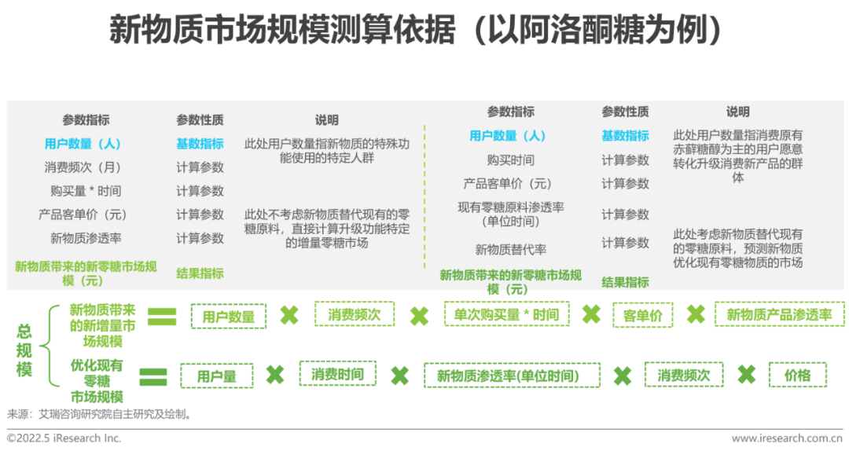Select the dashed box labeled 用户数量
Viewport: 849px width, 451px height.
click(x=229, y=317)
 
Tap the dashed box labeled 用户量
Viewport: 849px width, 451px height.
click(x=216, y=376)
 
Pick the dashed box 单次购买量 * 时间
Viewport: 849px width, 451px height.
click(x=506, y=315)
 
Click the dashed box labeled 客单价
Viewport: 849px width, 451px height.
click(x=642, y=316)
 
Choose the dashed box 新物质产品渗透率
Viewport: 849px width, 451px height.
click(x=779, y=315)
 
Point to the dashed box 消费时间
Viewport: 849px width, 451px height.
click(x=336, y=374)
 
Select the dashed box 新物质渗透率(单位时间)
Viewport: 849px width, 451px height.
click(x=512, y=376)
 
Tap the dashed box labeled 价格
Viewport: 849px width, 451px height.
click(x=797, y=375)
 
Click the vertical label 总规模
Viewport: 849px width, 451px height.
click(x=24, y=351)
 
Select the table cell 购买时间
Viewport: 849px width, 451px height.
click(x=511, y=160)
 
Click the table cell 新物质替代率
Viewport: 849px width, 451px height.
click(x=511, y=250)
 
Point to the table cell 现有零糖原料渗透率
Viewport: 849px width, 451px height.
click(x=511, y=214)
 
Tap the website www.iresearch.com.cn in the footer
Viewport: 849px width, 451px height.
click(x=787, y=438)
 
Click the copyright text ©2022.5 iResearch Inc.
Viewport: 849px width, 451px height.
click(x=64, y=438)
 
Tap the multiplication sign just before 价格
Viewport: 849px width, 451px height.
click(x=746, y=375)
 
